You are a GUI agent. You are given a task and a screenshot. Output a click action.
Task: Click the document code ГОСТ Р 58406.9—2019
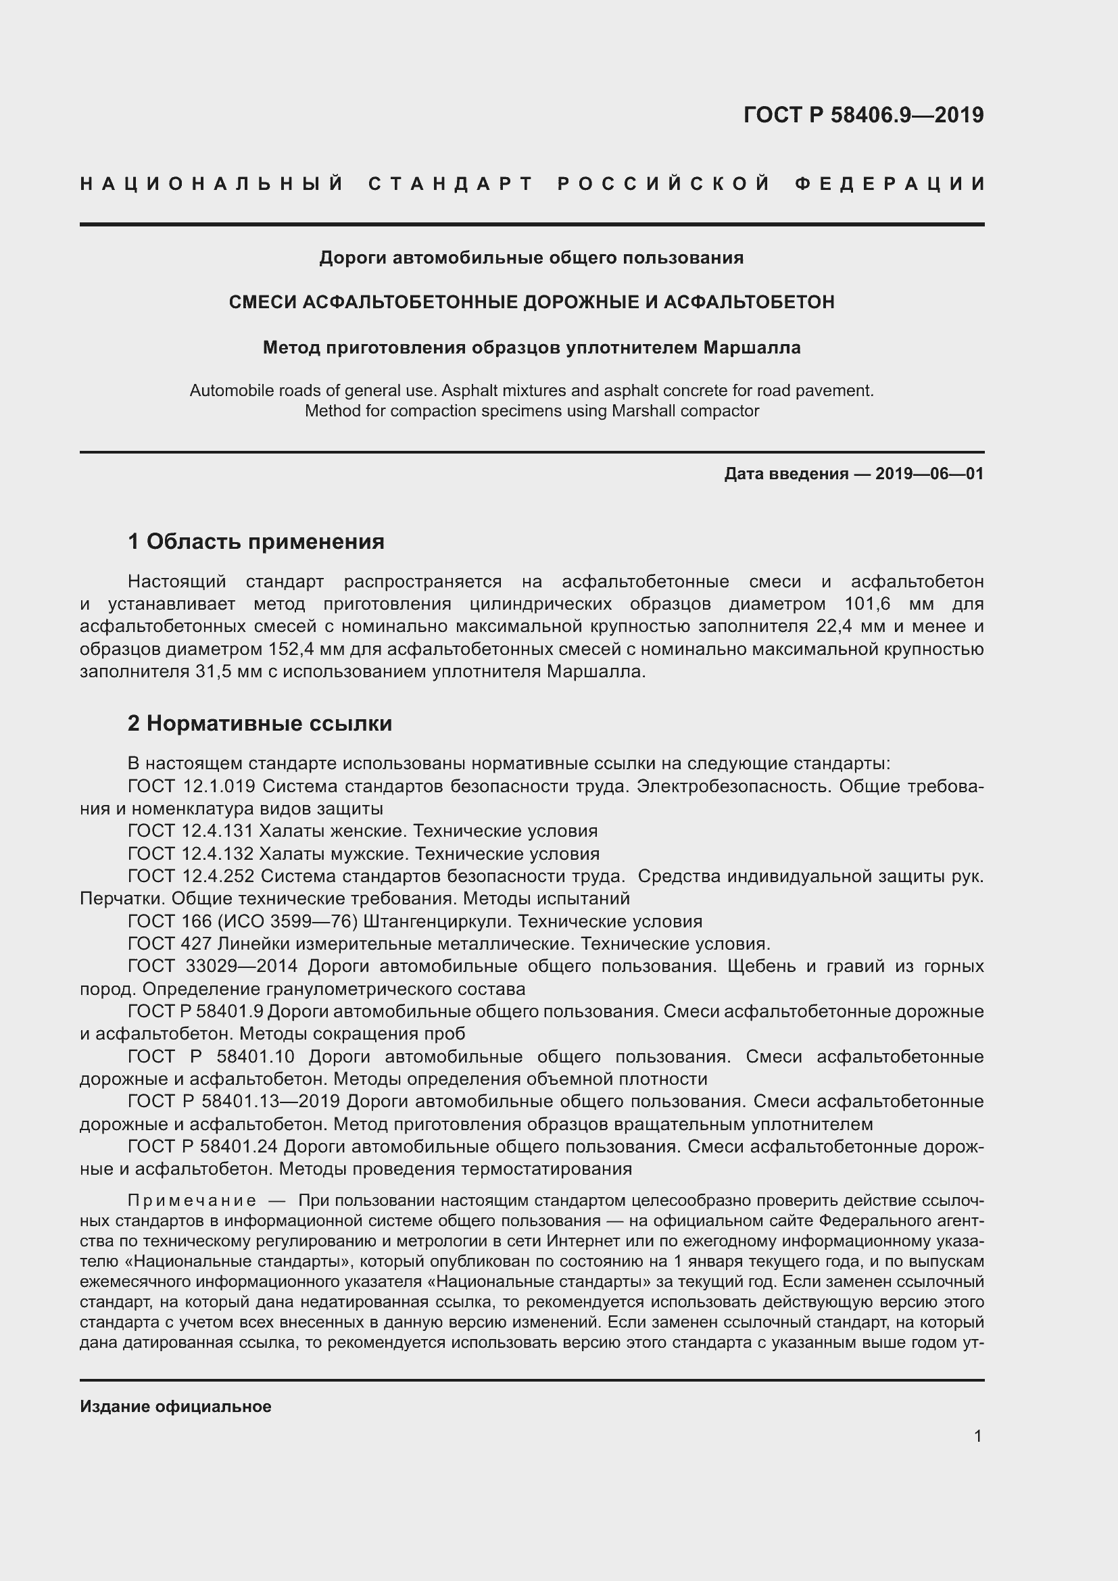click(x=863, y=115)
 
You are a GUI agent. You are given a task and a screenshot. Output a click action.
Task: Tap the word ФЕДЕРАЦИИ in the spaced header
click(x=890, y=184)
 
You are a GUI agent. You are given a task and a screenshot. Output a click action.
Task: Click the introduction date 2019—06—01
click(x=929, y=474)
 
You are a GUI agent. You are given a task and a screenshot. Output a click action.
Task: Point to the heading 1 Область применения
click(x=256, y=541)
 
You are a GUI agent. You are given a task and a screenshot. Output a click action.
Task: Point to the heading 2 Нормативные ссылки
click(x=260, y=723)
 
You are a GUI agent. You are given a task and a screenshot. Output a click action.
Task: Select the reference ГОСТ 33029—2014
click(x=213, y=966)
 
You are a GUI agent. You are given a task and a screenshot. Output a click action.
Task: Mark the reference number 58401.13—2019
click(x=270, y=1101)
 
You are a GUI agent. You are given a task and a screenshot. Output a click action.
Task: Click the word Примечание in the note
click(x=192, y=1201)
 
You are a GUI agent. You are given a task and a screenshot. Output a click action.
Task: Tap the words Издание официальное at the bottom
click(x=176, y=1406)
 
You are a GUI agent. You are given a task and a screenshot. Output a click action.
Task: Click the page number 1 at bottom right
click(x=977, y=1436)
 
